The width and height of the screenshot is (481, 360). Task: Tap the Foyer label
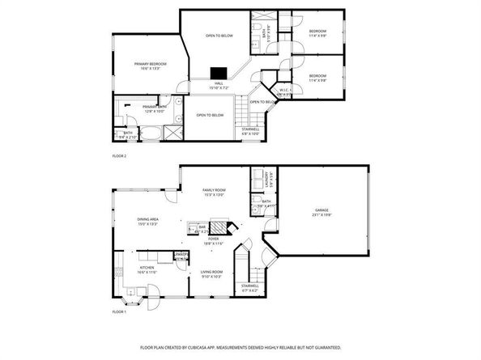pos(213,239)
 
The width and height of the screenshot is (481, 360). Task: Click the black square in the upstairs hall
pos(218,71)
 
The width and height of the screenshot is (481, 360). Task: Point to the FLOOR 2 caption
pos(119,155)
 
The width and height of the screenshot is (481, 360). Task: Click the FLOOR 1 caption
pos(119,311)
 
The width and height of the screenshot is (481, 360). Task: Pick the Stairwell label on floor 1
pos(249,286)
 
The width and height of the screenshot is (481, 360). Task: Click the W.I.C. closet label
pos(284,91)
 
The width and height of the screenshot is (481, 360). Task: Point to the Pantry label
pos(181,254)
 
